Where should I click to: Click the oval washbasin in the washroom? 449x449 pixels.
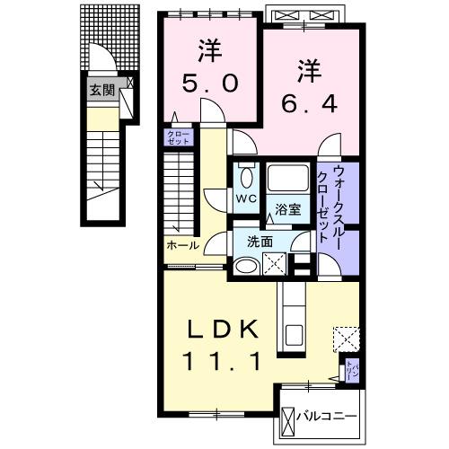[x=244, y=265]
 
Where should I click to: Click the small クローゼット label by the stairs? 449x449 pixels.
[x=173, y=137]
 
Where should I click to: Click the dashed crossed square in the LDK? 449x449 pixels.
[x=346, y=339]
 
